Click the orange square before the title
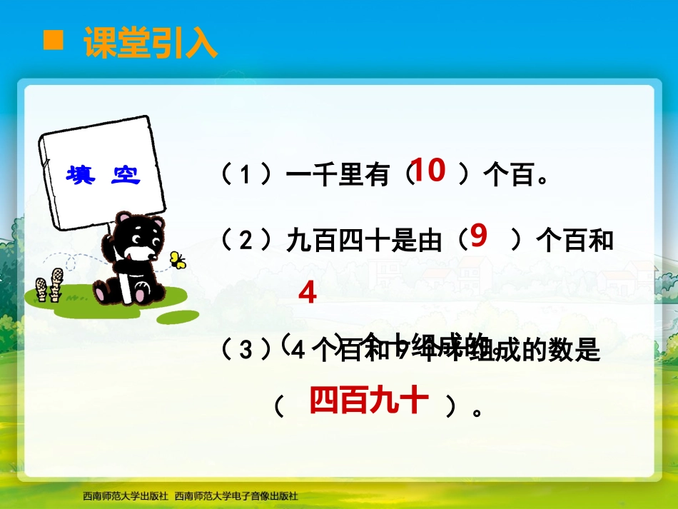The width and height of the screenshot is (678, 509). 54,41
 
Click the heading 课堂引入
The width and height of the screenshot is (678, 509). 151,43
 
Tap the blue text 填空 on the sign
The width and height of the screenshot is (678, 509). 103,176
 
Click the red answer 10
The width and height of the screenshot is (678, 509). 428,171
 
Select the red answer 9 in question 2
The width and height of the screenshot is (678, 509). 479,236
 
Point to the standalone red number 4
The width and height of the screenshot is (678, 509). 307,293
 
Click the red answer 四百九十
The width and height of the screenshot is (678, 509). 369,402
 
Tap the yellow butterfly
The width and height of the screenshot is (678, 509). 177,259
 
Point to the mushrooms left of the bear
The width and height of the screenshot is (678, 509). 50,283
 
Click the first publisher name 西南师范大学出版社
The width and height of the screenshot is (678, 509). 125,495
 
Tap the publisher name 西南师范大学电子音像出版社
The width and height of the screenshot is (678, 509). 236,495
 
